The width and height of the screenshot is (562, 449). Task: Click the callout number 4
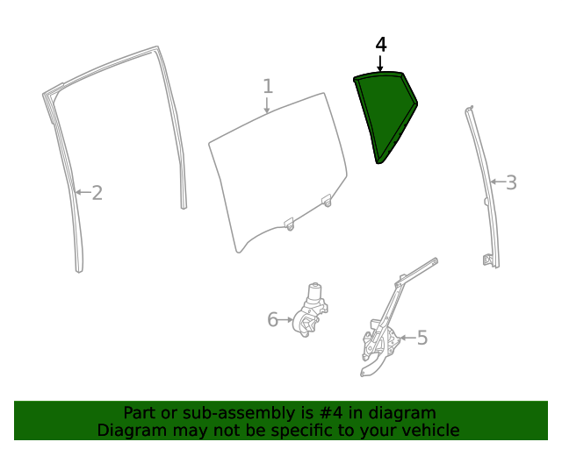381,45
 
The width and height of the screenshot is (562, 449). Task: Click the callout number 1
268,86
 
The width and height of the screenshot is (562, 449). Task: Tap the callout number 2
97,193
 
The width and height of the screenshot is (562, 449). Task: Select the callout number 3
511,182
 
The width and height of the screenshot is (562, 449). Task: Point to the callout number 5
422,338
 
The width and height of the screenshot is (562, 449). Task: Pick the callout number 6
273,319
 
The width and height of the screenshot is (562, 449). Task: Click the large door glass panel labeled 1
277,172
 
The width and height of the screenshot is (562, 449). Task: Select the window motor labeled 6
310,310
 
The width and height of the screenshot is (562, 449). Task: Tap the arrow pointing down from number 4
380,63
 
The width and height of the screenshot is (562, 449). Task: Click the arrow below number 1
267,105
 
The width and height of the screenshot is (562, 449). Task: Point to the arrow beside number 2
83,192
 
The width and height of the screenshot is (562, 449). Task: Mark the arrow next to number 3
498,182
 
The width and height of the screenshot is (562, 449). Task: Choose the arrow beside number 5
407,338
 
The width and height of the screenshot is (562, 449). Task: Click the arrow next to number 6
285,319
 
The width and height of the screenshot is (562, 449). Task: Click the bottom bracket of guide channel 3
488,260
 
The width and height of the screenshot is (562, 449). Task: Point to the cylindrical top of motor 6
314,291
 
